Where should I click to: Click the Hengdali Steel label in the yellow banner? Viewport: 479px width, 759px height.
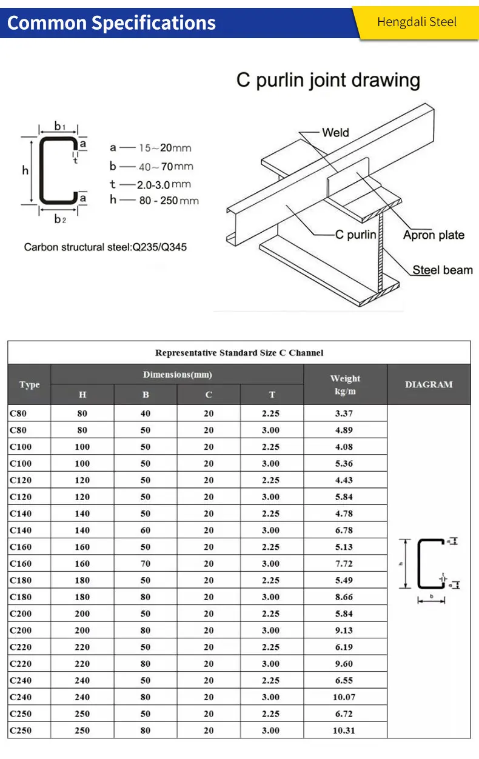[417, 22]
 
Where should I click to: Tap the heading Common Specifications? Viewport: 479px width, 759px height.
[111, 23]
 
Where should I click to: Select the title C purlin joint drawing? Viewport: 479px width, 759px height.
[328, 80]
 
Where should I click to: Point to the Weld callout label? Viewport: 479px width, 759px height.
[335, 132]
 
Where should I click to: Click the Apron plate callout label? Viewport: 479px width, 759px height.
[434, 235]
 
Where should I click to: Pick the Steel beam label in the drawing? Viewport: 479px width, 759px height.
[442, 270]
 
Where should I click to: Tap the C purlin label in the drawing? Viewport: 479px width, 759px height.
[355, 235]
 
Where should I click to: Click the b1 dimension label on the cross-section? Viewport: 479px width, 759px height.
[59, 126]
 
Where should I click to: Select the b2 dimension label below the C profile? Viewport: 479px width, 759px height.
[59, 219]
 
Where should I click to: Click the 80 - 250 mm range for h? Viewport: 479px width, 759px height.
[169, 201]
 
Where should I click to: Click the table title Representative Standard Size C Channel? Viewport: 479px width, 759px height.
[239, 352]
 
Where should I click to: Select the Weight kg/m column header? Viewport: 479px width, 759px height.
[345, 384]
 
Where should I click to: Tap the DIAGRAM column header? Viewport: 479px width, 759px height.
[429, 384]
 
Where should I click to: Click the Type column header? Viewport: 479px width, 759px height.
[29, 384]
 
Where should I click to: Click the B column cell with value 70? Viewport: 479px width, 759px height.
[146, 564]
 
